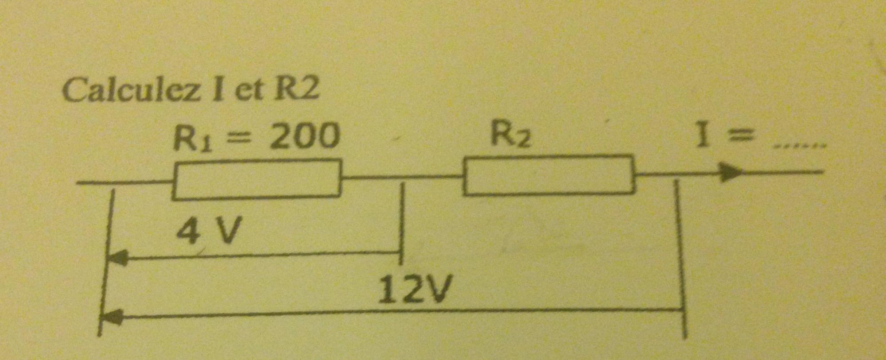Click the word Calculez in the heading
coord(131,90)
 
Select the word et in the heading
coord(249,90)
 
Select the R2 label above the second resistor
coord(510,134)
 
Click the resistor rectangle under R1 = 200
coord(256,180)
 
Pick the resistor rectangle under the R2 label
coord(548,174)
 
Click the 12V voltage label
coord(416,289)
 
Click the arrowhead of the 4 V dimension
coord(118,257)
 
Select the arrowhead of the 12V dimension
coord(112,317)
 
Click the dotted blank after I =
coord(799,144)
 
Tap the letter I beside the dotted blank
coord(702,135)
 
